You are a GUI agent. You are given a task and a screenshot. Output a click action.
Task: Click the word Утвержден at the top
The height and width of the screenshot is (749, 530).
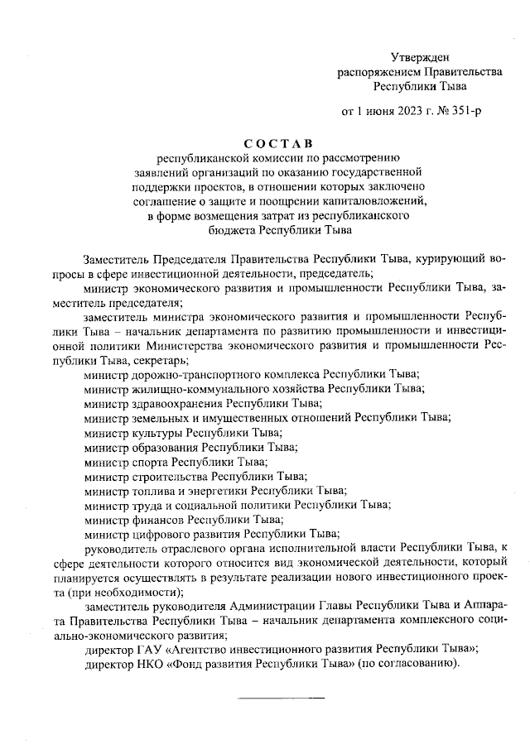tap(420, 57)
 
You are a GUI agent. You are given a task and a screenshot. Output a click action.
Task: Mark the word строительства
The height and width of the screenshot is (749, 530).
tap(170, 476)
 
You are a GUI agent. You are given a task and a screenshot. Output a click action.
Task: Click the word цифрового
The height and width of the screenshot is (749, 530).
tap(160, 534)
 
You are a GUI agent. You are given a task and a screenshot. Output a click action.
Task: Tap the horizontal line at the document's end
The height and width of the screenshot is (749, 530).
tap(281, 699)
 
